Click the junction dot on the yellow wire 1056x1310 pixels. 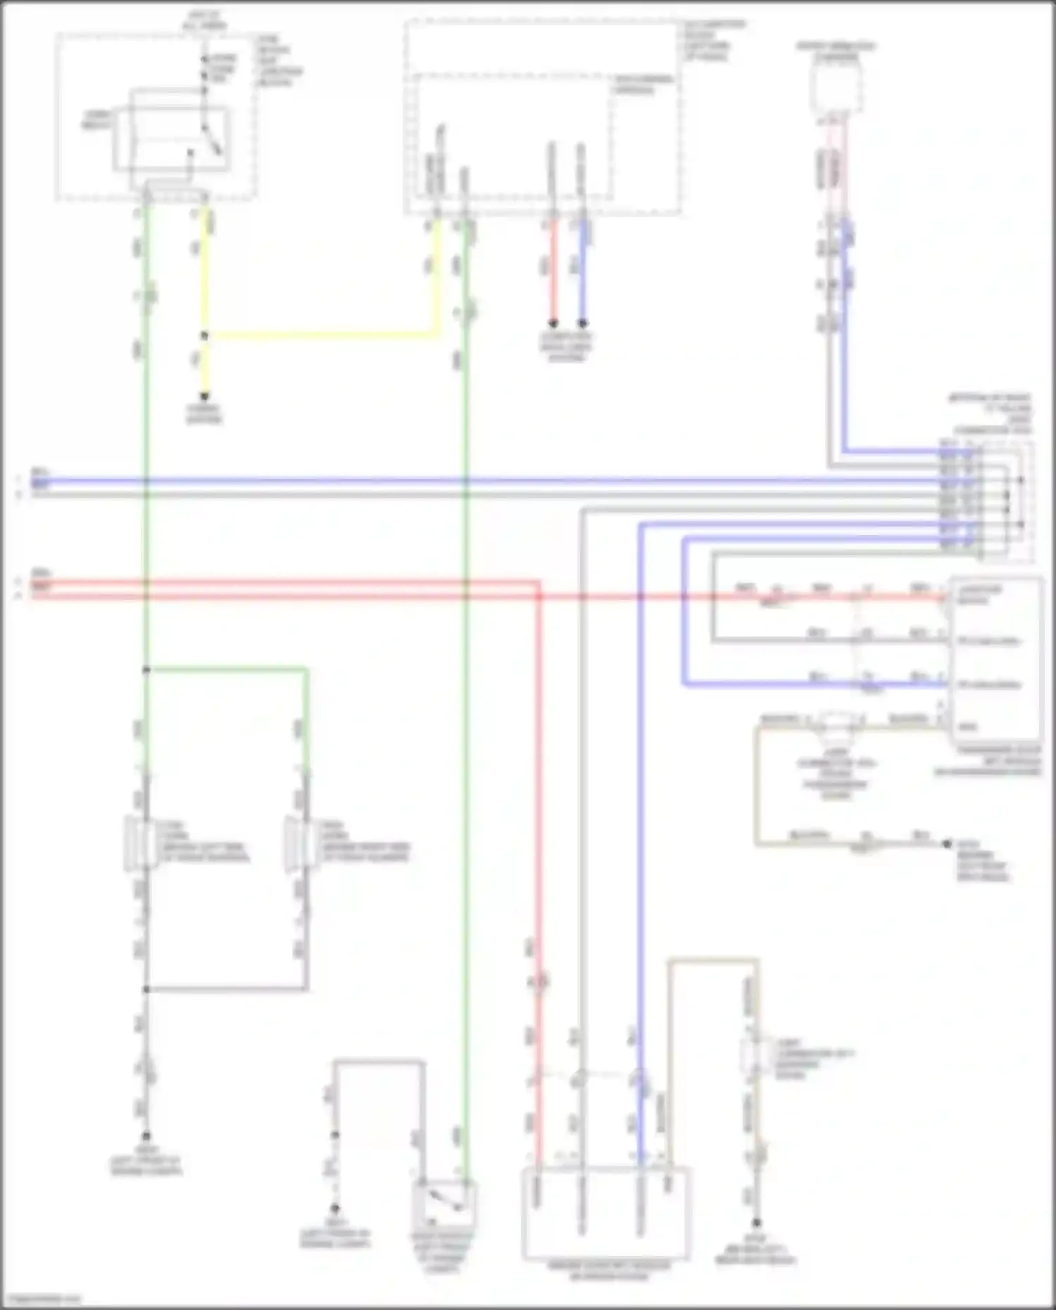pyautogui.click(x=205, y=336)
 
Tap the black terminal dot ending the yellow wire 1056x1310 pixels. pyautogui.click(x=205, y=396)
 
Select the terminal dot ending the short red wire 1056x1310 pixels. pyautogui.click(x=553, y=323)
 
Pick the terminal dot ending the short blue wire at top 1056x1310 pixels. pyautogui.click(x=582, y=323)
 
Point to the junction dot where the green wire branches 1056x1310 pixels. pyautogui.click(x=146, y=669)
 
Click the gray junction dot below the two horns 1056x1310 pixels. pyautogui.click(x=146, y=989)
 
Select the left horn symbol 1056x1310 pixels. pyautogui.click(x=138, y=843)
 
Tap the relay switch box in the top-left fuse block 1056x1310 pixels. pyautogui.click(x=172, y=139)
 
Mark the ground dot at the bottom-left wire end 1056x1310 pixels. pyautogui.click(x=146, y=1136)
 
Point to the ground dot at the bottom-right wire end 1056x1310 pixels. pyautogui.click(x=756, y=1223)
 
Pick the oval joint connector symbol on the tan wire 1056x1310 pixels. pyautogui.click(x=835, y=721)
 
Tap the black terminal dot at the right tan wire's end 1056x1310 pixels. pyautogui.click(x=947, y=843)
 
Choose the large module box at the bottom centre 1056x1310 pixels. pyautogui.click(x=605, y=1213)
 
